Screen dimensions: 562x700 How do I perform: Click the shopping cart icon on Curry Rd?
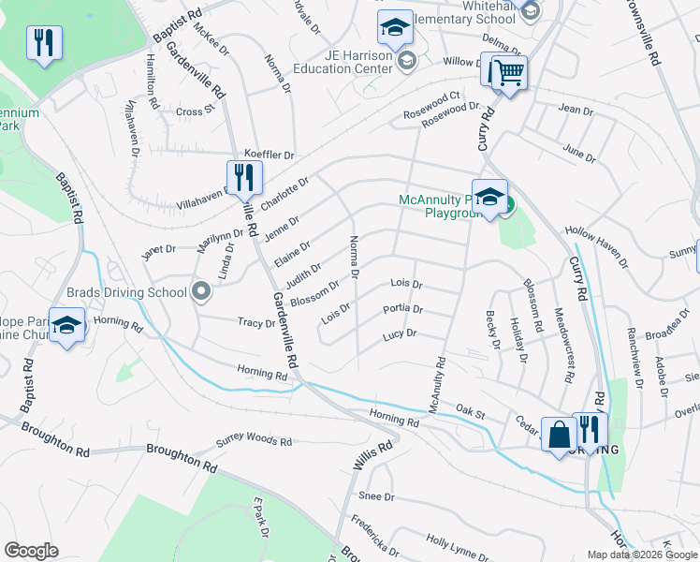coord(508,72)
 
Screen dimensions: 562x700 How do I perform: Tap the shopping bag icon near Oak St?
coord(560,435)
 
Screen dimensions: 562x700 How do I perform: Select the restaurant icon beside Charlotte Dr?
coord(243,176)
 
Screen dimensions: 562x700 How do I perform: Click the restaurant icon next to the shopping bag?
coord(590,430)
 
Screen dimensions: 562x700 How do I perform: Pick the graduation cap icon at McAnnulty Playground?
coord(489,197)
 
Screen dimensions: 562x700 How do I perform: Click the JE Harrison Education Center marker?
coord(407,61)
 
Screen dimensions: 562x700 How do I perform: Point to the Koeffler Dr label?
coord(269,155)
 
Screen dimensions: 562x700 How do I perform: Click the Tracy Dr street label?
coord(256,323)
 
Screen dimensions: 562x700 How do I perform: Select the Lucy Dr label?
coord(399,334)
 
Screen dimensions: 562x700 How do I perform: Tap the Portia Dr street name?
coord(403,309)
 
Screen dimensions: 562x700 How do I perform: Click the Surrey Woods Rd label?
coord(255,441)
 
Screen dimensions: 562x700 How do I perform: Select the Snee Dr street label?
coord(376,496)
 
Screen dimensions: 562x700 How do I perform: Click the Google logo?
coord(31,551)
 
